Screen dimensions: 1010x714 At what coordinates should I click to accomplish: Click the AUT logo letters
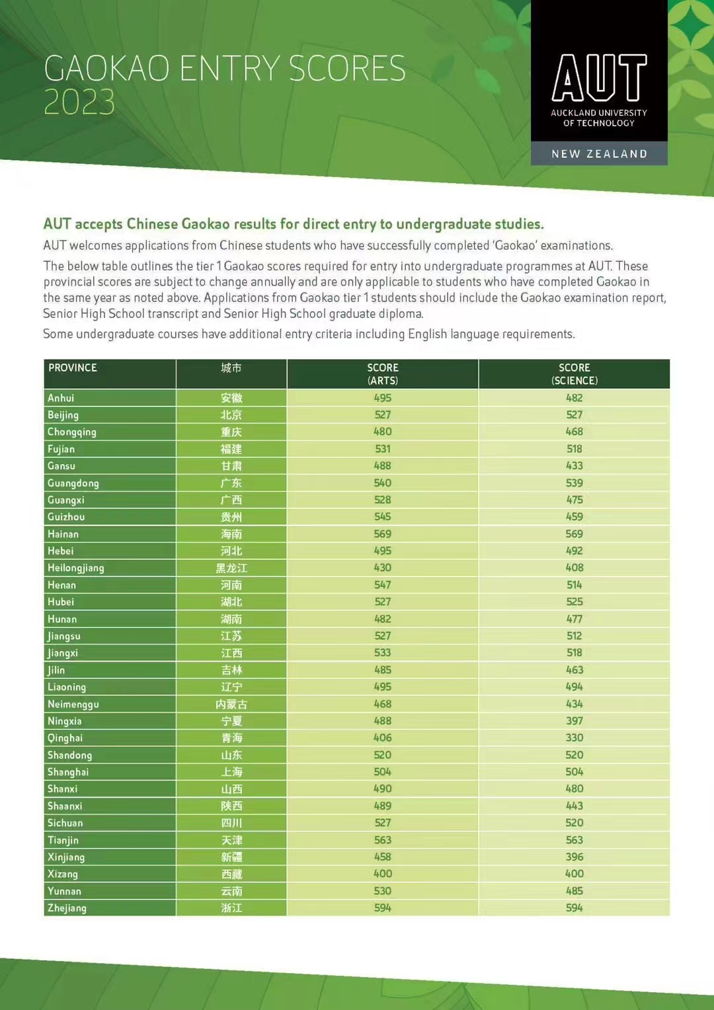coord(599,78)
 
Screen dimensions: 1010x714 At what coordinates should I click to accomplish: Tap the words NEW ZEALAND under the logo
coord(599,154)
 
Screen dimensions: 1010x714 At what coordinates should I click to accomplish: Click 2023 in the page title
coord(79,102)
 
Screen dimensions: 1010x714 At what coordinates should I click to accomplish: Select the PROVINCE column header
coord(73,368)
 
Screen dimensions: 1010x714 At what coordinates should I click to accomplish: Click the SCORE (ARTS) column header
coord(383,374)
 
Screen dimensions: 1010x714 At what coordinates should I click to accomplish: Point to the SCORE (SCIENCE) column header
coord(574,374)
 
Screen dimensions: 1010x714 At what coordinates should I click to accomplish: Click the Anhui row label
coord(61,398)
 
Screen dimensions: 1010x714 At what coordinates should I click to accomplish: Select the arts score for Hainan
coord(383,534)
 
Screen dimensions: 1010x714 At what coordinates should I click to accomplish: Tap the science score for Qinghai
coord(574,738)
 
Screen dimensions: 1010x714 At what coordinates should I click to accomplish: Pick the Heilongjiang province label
coord(75,568)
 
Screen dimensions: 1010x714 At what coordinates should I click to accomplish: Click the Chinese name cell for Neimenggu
coord(231,704)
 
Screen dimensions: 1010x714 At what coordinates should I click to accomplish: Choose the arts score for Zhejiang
coord(383,908)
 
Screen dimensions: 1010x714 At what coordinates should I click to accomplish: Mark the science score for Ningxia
coord(574,721)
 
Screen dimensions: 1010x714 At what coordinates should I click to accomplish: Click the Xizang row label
coord(63,874)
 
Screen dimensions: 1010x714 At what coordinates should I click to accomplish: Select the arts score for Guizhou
coord(383,517)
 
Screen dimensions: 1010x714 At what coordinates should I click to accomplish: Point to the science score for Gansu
coord(574,466)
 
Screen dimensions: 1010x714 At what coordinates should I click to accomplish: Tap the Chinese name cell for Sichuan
coord(231,823)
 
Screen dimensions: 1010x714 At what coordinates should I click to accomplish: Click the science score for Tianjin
coord(574,840)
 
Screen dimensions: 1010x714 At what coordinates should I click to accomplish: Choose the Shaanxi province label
coord(65,806)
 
